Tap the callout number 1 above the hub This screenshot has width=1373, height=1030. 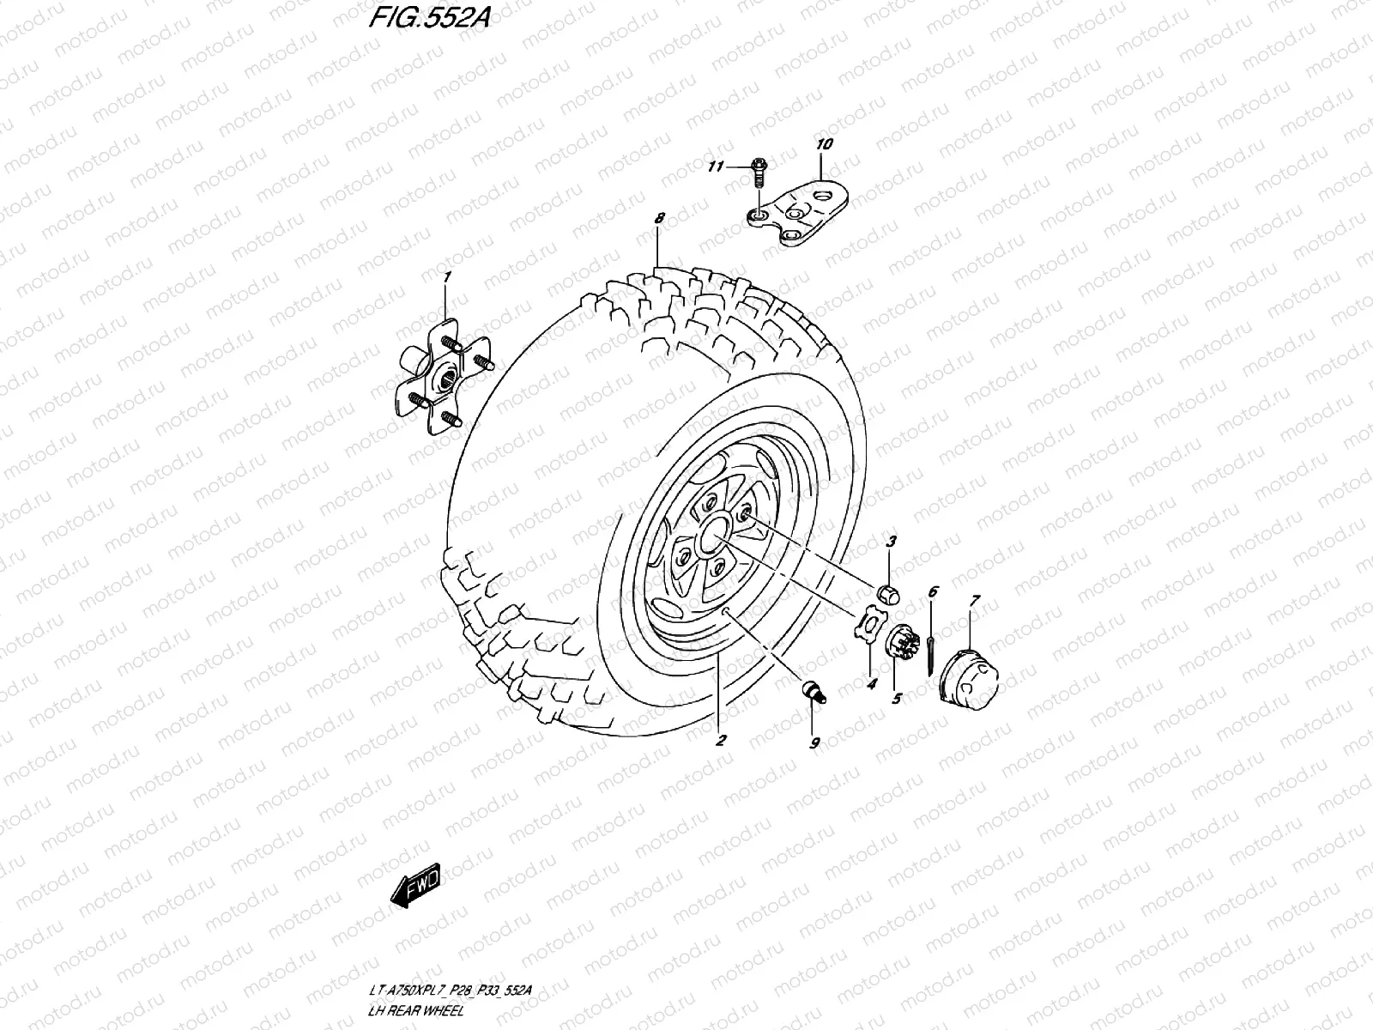click(446, 277)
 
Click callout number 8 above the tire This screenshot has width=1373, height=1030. click(659, 219)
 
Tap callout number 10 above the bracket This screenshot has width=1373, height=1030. click(825, 145)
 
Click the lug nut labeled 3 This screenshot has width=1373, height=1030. click(888, 591)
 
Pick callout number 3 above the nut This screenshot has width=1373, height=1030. click(891, 542)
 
